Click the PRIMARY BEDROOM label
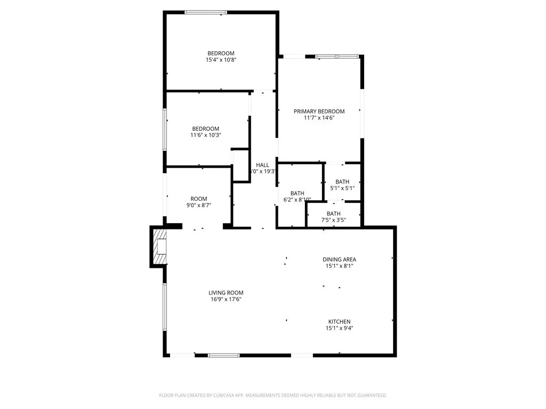(319, 111)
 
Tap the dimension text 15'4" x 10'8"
(221, 60)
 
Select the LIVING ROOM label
(226, 292)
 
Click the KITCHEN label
(339, 322)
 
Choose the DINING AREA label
(339, 259)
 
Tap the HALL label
(262, 165)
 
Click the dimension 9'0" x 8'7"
(199, 205)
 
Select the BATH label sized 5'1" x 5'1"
(342, 182)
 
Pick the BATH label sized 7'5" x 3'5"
(334, 214)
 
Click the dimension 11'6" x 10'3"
(206, 135)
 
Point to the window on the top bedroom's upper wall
(206, 12)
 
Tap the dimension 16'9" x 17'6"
(226, 299)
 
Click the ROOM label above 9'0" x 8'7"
(199, 199)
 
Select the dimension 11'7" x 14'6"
(319, 118)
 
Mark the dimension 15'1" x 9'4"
(339, 328)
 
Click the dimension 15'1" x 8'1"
(339, 266)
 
